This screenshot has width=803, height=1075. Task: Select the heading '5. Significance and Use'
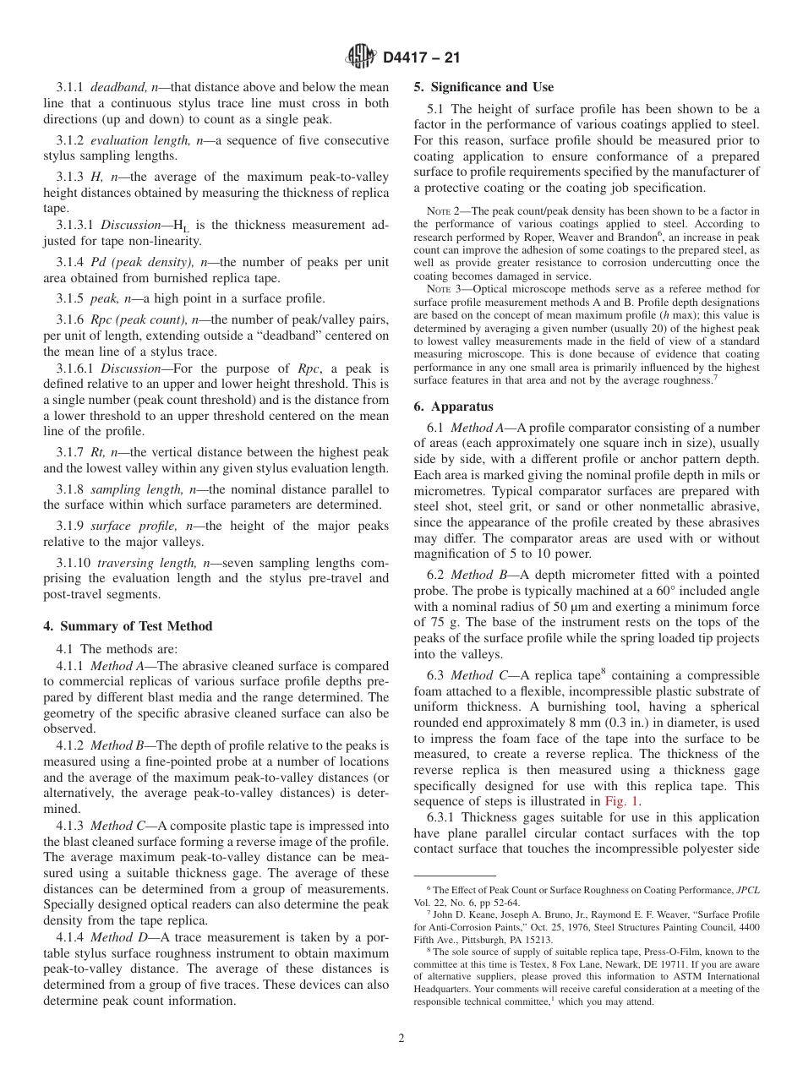[x=483, y=87]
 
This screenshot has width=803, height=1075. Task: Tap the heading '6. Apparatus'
[x=451, y=407]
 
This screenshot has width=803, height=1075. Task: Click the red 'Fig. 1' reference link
[x=622, y=802]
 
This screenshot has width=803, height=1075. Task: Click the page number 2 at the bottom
[x=401, y=1039]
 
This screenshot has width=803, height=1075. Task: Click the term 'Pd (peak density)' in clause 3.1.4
[x=139, y=263]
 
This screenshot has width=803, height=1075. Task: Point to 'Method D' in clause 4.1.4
[x=117, y=937]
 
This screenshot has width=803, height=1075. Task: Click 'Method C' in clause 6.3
[x=482, y=674]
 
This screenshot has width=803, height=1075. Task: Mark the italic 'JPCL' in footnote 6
[x=747, y=891]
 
